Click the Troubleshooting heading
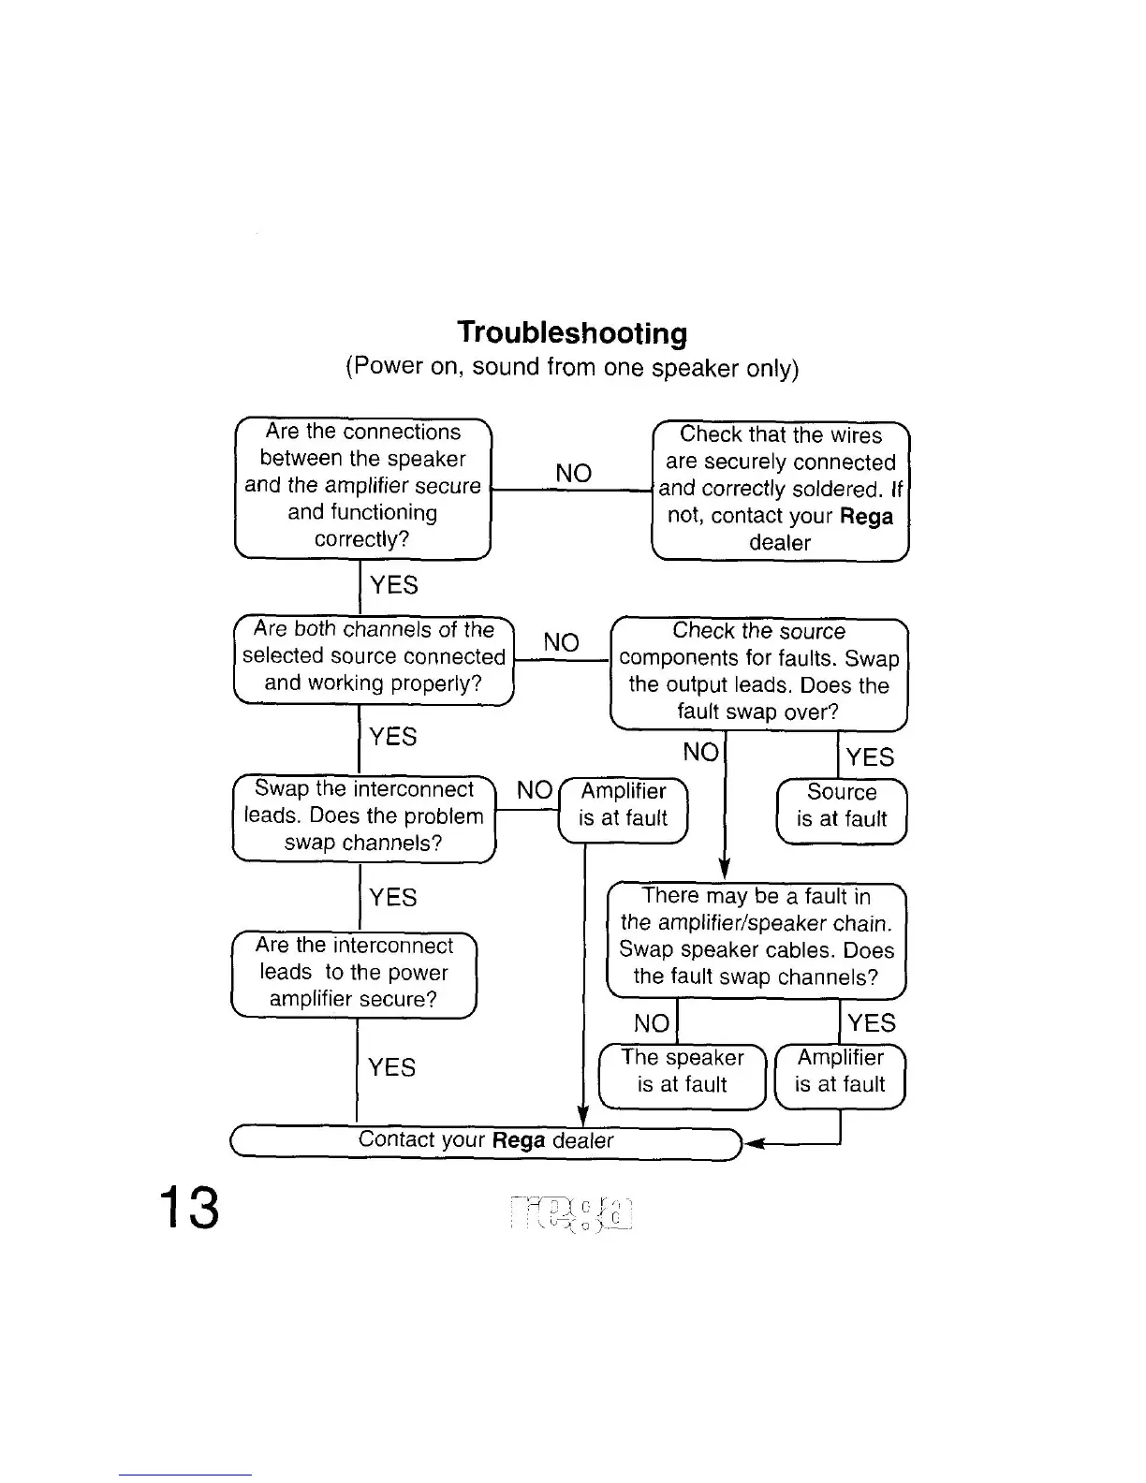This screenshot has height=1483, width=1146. (x=572, y=332)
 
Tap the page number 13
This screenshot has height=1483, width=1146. (x=189, y=1208)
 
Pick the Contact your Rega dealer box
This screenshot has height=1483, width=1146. (x=486, y=1141)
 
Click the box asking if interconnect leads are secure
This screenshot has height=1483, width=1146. (x=354, y=973)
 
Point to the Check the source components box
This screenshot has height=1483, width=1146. (x=758, y=671)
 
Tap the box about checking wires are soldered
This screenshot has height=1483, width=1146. (x=780, y=489)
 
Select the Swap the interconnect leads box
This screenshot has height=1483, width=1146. (x=363, y=815)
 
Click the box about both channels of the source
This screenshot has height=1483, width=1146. (x=374, y=656)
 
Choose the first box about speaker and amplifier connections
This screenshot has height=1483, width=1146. (x=362, y=486)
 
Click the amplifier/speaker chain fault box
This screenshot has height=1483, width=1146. (x=757, y=937)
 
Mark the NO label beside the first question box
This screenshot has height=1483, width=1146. (x=573, y=473)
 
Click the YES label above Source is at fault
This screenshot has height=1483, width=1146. (x=870, y=756)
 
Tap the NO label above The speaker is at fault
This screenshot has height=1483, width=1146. (x=652, y=1022)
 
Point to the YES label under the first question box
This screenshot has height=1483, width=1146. (x=393, y=585)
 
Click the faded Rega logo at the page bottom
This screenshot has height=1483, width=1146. (x=572, y=1215)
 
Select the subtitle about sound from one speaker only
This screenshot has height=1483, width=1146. (x=572, y=366)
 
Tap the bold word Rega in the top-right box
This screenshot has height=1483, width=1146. (x=866, y=517)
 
